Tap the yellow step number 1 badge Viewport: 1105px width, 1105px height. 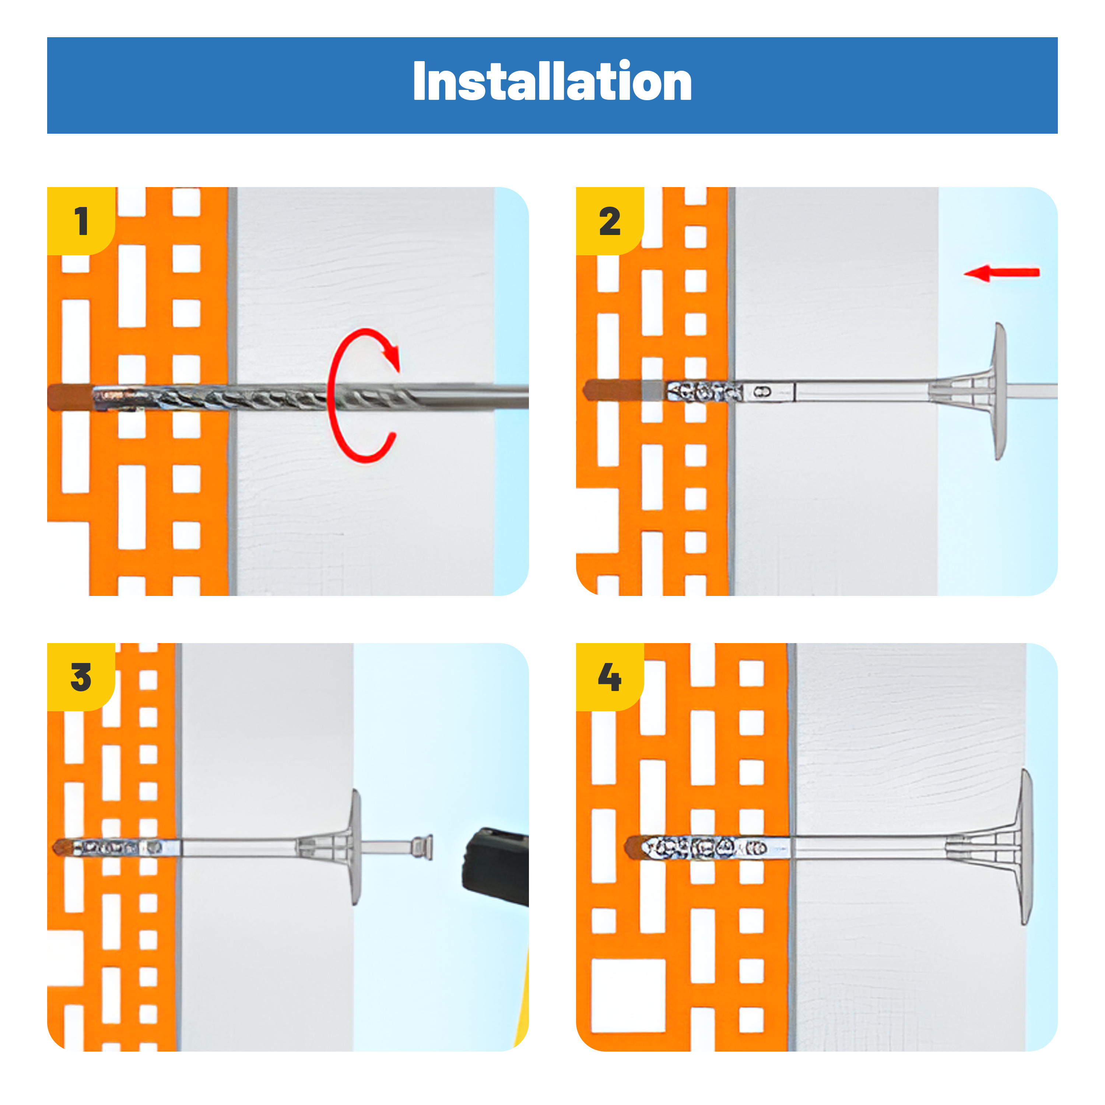click(81, 221)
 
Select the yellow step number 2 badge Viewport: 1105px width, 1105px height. click(610, 221)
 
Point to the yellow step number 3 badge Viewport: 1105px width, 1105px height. click(81, 677)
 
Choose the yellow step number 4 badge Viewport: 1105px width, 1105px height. click(610, 677)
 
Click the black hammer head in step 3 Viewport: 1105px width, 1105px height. click(495, 865)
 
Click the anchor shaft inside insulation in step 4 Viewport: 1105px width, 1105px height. click(869, 847)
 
